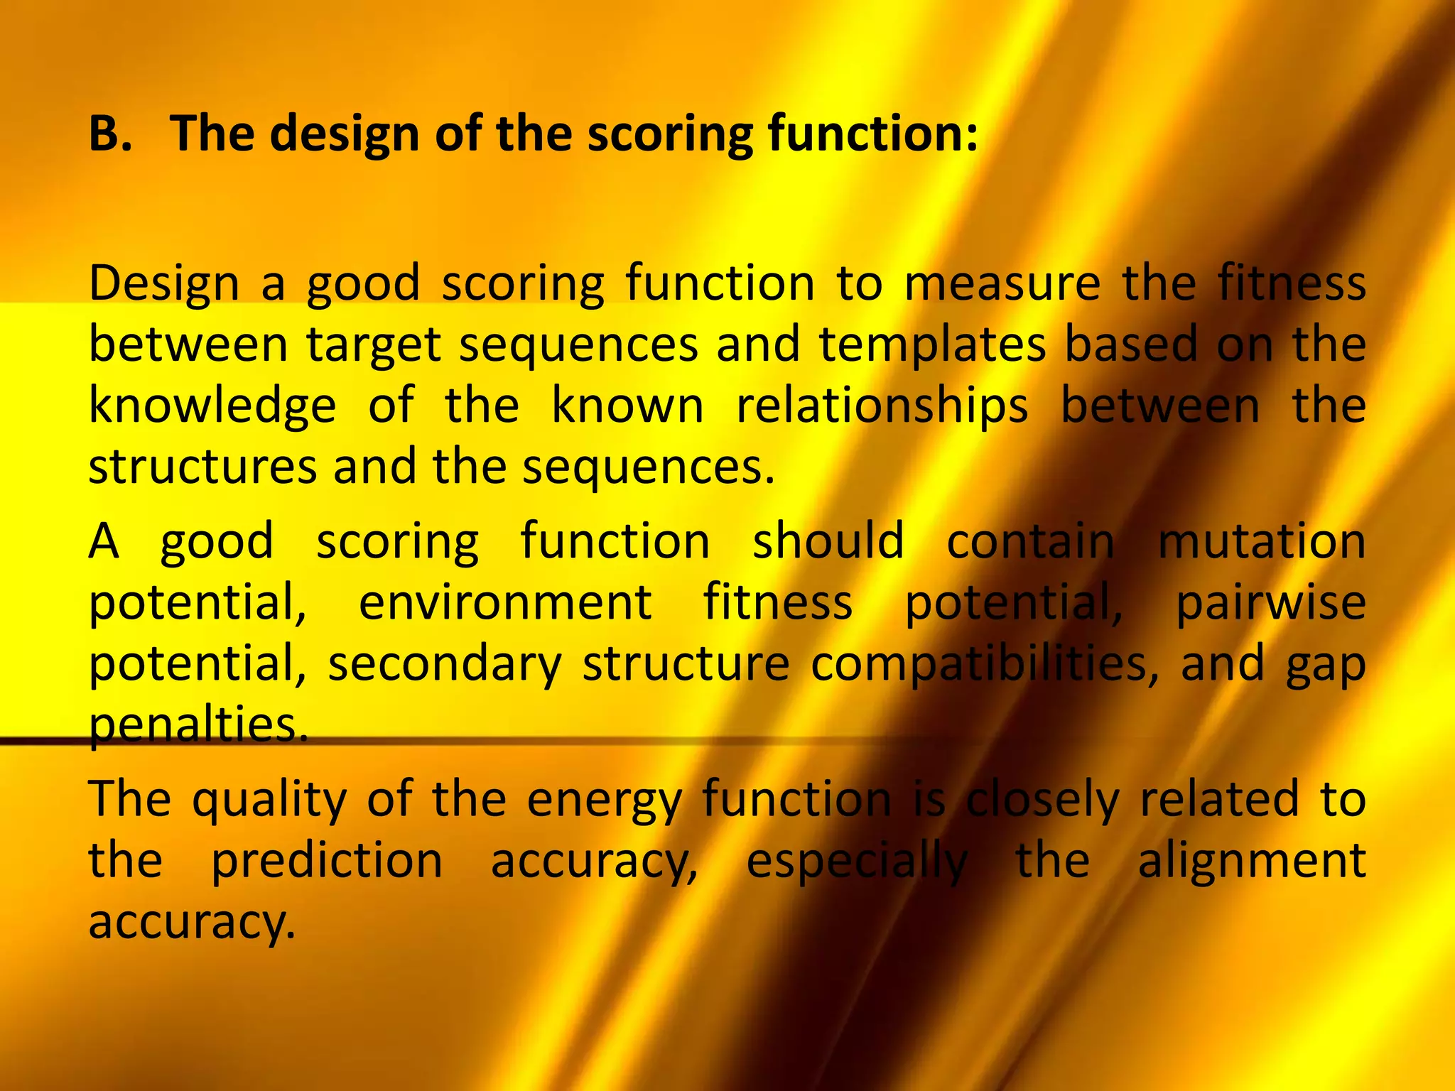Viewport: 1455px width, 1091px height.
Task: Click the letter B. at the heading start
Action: tap(110, 134)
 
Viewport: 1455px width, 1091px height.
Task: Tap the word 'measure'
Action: tap(1002, 283)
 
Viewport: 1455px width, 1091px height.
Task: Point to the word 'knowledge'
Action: tap(212, 407)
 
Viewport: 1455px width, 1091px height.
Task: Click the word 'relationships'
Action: tap(882, 407)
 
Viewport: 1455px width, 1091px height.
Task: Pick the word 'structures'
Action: tap(202, 468)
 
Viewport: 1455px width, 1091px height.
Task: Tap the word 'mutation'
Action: tap(1262, 541)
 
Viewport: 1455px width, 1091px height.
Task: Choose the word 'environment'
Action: tap(505, 602)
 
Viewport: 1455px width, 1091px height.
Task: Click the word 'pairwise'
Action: tap(1270, 604)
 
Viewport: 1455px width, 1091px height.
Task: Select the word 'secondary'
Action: tap(444, 665)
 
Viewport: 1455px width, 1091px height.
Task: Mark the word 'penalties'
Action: tap(198, 724)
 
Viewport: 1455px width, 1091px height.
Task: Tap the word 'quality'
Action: tap(269, 800)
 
